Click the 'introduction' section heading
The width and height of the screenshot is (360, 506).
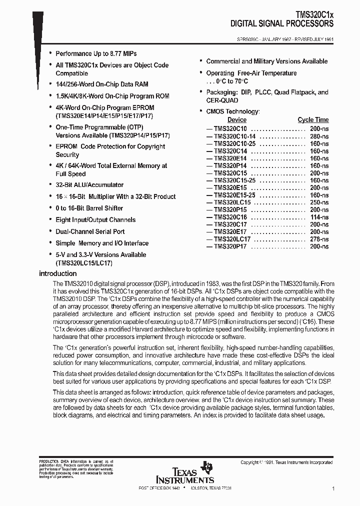point(57,273)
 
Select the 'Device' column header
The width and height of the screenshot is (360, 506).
point(236,120)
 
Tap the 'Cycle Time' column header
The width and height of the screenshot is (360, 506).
point(313,120)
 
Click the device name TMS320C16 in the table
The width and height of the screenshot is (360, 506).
point(230,217)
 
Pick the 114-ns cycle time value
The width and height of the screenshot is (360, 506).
point(318,217)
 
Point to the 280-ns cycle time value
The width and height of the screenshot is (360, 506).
point(318,136)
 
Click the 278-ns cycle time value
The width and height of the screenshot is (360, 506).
point(318,239)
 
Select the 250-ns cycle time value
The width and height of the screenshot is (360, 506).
point(318,202)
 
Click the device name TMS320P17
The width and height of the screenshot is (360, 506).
point(230,247)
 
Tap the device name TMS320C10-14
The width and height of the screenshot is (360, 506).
point(234,136)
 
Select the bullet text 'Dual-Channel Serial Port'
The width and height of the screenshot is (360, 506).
point(90,231)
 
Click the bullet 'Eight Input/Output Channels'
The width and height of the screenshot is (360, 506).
point(95,220)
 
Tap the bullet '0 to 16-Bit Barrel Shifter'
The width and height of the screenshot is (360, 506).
point(89,208)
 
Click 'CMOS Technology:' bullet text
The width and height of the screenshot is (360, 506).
point(232,111)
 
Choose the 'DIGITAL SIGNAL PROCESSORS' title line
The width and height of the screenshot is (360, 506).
point(282,23)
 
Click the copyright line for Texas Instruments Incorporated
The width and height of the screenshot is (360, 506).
point(286,462)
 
